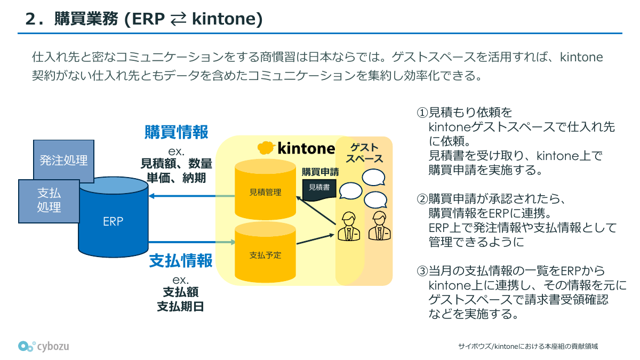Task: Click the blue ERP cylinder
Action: click(113, 221)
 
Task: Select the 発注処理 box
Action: click(63, 159)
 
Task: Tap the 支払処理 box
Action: click(49, 201)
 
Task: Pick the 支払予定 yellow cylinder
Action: click(265, 255)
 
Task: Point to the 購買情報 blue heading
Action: click(177, 132)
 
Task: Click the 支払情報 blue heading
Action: click(180, 261)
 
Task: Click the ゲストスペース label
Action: click(364, 153)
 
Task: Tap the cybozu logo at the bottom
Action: click(43, 346)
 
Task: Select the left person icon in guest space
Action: click(348, 226)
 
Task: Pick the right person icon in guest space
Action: click(379, 226)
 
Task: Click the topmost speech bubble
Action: click(373, 177)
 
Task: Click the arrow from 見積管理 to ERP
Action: click(192, 196)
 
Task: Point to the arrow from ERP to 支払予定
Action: click(192, 243)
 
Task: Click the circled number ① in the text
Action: click(422, 113)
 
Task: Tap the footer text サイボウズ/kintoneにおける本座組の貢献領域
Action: click(527, 346)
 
